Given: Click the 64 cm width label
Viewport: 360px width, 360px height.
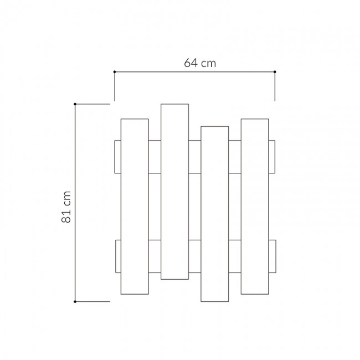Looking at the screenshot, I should [x=200, y=64].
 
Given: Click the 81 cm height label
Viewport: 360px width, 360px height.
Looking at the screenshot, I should [x=67, y=207].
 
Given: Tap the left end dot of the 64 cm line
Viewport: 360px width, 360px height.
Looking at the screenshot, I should [x=114, y=72].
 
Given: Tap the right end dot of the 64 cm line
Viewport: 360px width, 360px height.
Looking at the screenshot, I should [x=275, y=72].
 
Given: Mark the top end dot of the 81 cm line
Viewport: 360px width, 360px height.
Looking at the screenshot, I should [x=75, y=104].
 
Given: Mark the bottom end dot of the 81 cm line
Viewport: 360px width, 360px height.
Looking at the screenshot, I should [x=75, y=302].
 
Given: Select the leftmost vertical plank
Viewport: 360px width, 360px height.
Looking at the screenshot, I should [x=135, y=207].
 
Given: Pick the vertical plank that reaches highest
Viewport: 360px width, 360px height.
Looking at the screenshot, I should [x=174, y=191].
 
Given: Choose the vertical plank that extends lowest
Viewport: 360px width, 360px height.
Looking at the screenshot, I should [x=214, y=214].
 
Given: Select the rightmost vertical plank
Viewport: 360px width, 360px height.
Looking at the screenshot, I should [x=255, y=205].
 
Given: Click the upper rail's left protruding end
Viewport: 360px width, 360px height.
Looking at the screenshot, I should [x=117, y=157].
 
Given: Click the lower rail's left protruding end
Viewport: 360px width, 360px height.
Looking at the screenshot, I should [x=117, y=256].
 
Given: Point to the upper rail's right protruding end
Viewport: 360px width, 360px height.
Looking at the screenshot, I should [x=272, y=157].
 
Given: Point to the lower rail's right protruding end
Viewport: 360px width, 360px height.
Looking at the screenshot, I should [x=272, y=256].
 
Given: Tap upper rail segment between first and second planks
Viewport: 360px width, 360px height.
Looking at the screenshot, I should [x=155, y=157].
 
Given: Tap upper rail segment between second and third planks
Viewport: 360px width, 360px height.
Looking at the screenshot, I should [x=194, y=157].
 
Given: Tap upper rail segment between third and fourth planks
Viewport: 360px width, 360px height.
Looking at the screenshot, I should [x=234, y=157].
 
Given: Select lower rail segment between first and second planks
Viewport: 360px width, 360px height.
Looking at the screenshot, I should [x=155, y=256].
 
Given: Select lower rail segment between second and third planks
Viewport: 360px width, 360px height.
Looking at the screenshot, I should [x=194, y=256].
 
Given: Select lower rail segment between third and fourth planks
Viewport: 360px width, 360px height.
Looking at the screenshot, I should [x=234, y=256].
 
